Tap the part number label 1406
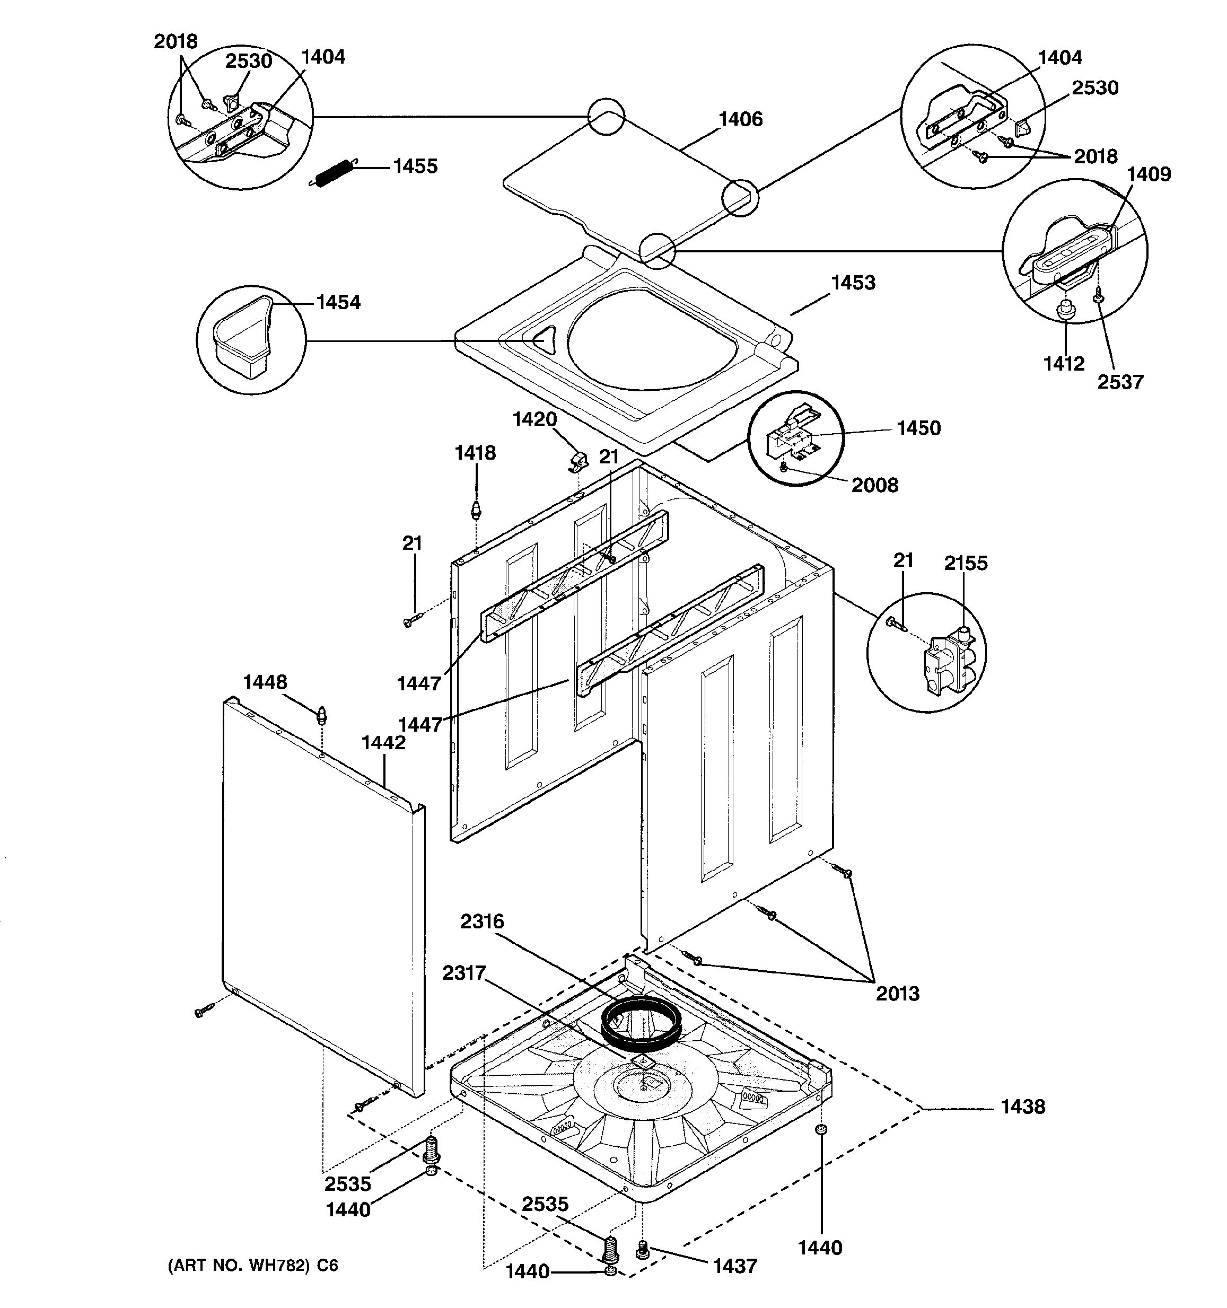(740, 119)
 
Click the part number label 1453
(853, 283)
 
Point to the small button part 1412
(1065, 310)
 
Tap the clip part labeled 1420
(577, 461)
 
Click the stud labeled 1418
(476, 509)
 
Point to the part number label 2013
(897, 993)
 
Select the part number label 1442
(383, 742)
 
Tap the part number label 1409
(1148, 174)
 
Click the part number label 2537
(1120, 382)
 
